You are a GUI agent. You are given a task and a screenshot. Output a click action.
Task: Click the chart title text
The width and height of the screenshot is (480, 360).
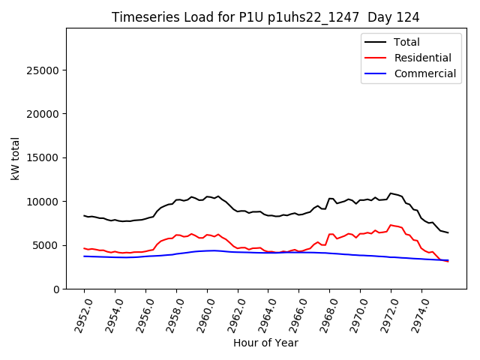265,17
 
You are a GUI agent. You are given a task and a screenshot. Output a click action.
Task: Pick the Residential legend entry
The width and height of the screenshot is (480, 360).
422,58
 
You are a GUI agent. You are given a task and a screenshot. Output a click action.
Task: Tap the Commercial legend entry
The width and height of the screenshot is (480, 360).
424,73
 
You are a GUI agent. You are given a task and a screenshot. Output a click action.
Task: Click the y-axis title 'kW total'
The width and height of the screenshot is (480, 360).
15,158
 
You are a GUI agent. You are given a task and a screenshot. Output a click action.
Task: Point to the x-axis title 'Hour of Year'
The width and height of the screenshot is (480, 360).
265,343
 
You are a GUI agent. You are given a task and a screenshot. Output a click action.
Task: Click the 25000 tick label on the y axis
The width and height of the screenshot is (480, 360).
44,70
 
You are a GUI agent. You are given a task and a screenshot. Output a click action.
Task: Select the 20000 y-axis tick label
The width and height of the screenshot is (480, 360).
44,114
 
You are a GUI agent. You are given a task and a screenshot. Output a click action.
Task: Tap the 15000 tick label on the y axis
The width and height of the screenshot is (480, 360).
44,157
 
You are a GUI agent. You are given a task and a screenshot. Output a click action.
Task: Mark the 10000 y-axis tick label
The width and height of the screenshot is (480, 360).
44,202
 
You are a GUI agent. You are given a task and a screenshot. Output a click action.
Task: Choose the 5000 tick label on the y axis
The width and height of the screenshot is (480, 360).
47,245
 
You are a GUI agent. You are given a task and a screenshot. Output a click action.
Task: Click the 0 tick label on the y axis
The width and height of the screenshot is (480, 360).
57,289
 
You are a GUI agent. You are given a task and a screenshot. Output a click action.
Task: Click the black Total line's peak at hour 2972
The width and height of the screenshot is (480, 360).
391,193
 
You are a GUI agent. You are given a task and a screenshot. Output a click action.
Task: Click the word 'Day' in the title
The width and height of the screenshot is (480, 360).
379,17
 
